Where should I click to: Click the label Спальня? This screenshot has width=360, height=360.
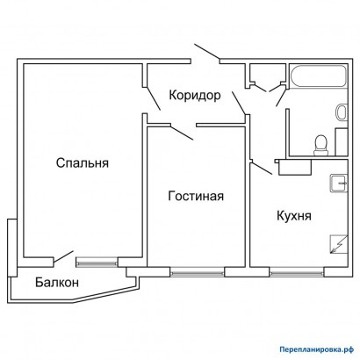(x=82, y=162)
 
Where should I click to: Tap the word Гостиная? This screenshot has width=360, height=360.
(x=196, y=196)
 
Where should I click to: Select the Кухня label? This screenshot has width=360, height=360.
(x=296, y=215)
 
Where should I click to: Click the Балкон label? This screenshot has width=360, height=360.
(x=57, y=282)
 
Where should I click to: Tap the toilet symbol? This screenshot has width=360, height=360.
(x=321, y=142)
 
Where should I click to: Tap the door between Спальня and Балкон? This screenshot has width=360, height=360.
(x=61, y=257)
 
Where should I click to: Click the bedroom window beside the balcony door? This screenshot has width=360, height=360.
(x=96, y=261)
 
